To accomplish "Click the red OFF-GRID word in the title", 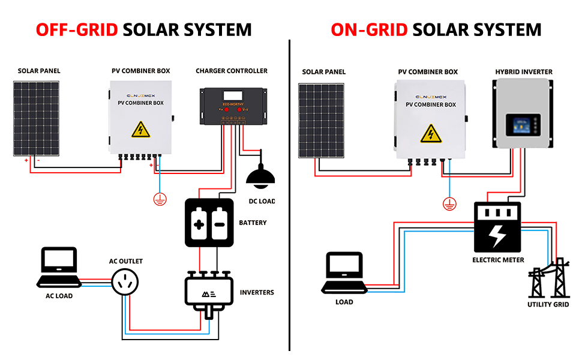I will coord(76,29).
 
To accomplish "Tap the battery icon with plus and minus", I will coord(208,222).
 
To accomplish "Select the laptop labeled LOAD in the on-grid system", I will coord(344,273).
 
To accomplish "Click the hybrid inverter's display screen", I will coord(520,127).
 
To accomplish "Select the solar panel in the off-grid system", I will coord(36,118).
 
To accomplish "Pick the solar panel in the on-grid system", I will coord(323,120).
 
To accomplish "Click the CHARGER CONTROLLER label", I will coord(232,71).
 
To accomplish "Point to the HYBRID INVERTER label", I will coord(524,72).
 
